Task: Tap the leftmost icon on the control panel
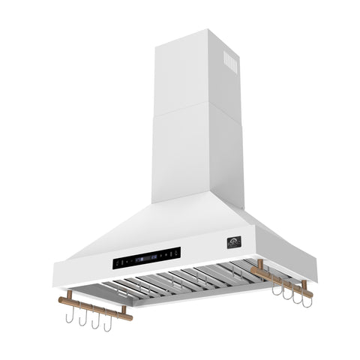tap(118, 264)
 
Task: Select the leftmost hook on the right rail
tap(276, 289)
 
